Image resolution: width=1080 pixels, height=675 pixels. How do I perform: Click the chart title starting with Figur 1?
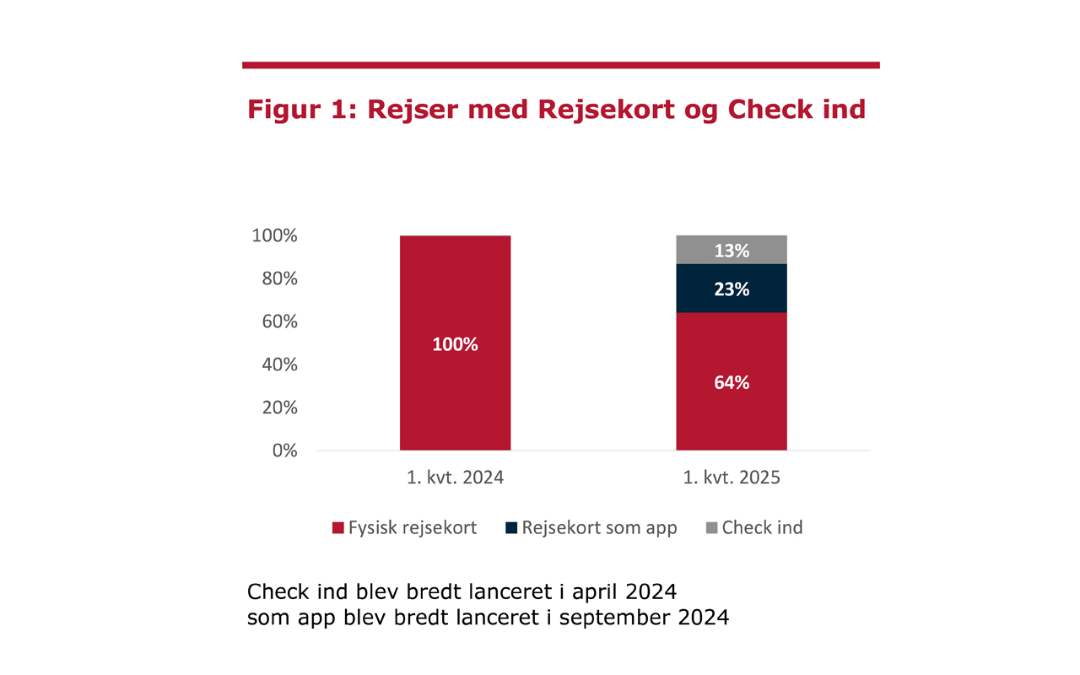coord(556,110)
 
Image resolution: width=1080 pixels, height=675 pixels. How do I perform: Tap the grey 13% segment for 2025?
coord(732,250)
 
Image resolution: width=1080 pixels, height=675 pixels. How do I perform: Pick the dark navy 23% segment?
coord(732,289)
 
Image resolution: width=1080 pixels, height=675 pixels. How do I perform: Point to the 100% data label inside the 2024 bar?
coord(455,344)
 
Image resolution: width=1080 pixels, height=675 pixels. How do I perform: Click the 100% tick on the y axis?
coord(274,236)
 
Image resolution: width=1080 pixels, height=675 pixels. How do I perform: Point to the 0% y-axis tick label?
coord(283,451)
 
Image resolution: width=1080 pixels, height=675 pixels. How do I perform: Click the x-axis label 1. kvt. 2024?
coord(455,478)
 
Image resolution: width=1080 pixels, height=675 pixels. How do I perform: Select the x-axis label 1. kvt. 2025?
coord(732,478)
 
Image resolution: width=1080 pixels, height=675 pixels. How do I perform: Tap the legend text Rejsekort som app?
coord(599,528)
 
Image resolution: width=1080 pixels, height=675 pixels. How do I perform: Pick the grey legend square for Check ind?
coord(710,528)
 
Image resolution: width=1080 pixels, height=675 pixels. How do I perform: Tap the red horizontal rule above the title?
coord(560,65)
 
